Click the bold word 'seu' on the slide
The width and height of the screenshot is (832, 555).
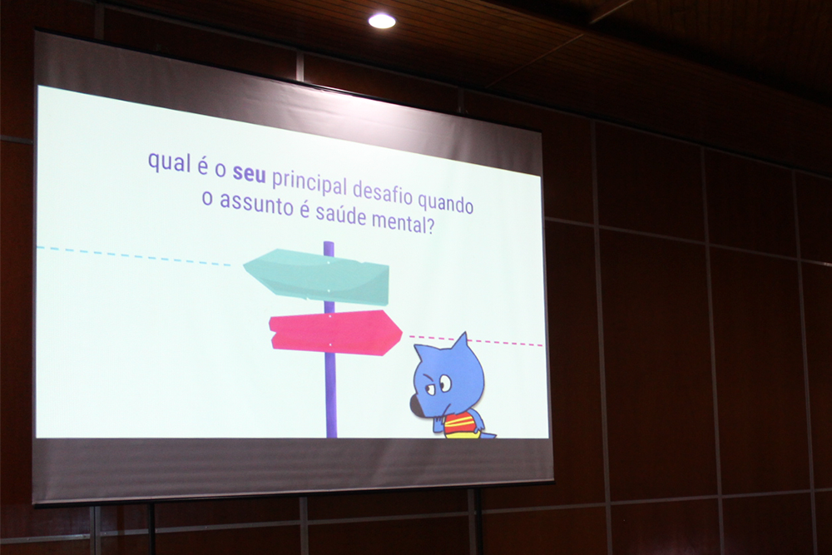pyautogui.click(x=249, y=173)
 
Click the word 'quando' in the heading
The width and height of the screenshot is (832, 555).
pyautogui.click(x=445, y=201)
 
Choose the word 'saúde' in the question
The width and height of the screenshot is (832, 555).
pyautogui.click(x=340, y=211)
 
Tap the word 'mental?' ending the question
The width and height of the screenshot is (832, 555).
pyautogui.click(x=403, y=221)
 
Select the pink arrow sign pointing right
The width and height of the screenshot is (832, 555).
pyautogui.click(x=335, y=333)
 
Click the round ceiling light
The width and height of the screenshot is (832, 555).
pyautogui.click(x=382, y=21)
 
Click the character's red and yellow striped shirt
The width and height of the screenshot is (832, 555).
pyautogui.click(x=458, y=424)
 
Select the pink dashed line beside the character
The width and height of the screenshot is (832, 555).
pyautogui.click(x=475, y=340)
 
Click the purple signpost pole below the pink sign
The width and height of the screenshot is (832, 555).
pyautogui.click(x=331, y=396)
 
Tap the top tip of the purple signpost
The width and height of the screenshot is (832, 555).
pyautogui.click(x=329, y=242)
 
